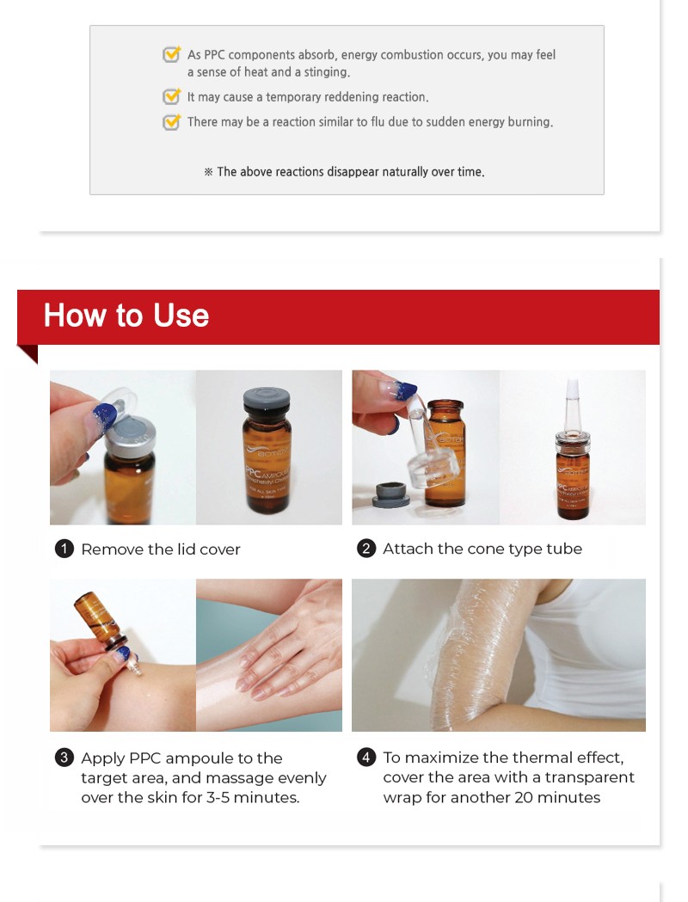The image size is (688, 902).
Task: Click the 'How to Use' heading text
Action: [x=126, y=316]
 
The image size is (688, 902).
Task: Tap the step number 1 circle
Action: [x=64, y=549]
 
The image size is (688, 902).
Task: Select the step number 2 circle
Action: [x=365, y=549]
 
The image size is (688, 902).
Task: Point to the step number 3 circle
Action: [x=64, y=758]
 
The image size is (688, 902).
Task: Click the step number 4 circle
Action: [x=365, y=757]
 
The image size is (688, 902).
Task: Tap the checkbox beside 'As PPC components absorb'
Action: [x=171, y=54]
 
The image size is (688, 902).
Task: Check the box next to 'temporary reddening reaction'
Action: [x=171, y=96]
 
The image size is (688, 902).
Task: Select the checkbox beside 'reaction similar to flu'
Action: [x=171, y=121]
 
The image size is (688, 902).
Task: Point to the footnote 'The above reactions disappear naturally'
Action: [x=345, y=171]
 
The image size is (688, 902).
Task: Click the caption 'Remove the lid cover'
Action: [x=161, y=549]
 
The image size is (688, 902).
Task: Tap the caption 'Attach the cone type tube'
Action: [x=482, y=549]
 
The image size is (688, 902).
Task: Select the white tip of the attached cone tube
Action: [x=572, y=388]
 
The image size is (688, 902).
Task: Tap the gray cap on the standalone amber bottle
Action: [x=267, y=402]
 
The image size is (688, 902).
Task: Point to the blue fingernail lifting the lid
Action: [x=104, y=414]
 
